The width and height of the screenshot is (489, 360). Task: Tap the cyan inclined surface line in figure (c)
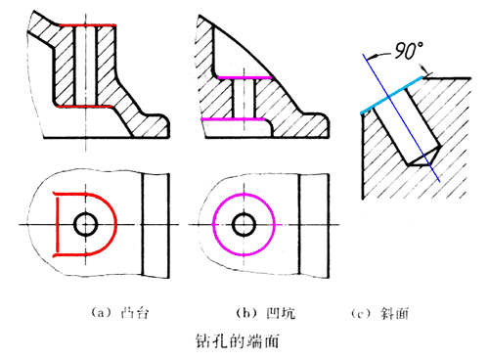tap(391, 96)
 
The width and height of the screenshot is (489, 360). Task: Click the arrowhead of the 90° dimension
tap(426, 72)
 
